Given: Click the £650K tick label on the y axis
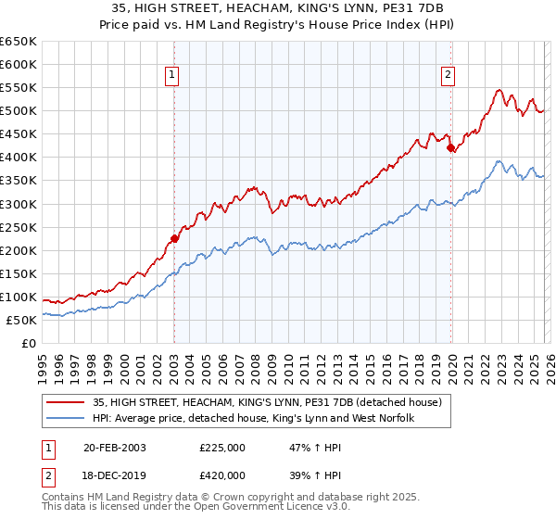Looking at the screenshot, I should (x=19, y=42).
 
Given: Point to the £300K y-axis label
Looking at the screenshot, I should (x=19, y=204).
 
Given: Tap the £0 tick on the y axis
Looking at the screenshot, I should (x=29, y=343).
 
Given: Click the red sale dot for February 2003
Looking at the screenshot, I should (x=174, y=238).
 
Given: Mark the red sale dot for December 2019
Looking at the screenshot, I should (x=450, y=147).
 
